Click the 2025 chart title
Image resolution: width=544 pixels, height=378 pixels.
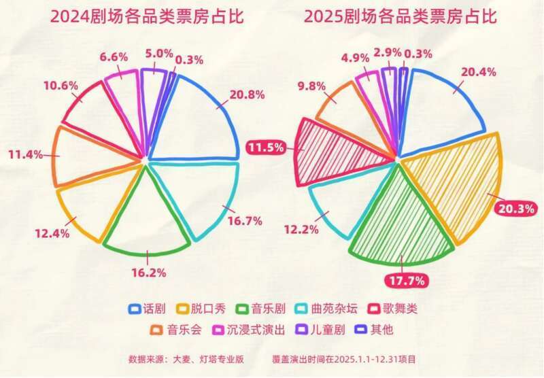(x=401, y=17)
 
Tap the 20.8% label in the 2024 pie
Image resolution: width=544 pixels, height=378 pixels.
(x=246, y=95)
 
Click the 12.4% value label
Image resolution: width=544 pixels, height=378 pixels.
(x=51, y=233)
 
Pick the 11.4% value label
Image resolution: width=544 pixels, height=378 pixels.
(x=26, y=154)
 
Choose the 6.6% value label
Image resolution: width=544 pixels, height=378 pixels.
(x=113, y=57)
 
